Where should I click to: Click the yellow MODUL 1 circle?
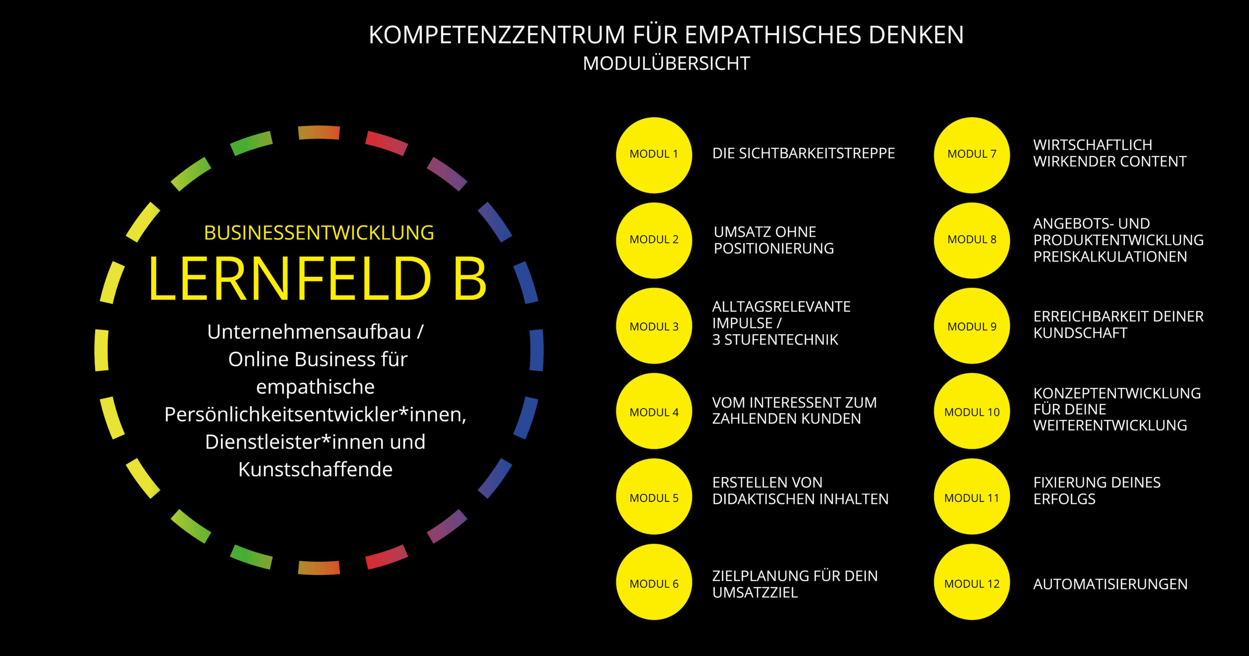(654, 155)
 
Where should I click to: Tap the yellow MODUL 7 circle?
(972, 155)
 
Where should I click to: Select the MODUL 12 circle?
(972, 582)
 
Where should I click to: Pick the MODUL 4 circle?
(654, 411)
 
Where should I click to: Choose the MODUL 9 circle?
(972, 326)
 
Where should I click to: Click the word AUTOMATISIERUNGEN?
(1110, 584)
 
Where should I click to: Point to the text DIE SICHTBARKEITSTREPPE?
(804, 153)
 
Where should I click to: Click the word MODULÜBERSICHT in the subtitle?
(666, 63)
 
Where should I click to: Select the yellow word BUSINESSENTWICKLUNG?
(319, 233)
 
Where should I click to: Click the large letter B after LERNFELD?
(470, 278)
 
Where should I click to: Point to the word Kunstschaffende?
(316, 469)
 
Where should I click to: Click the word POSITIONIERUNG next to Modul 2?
(774, 248)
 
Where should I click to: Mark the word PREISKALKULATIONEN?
(1110, 257)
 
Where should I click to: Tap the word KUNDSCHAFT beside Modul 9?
(1080, 333)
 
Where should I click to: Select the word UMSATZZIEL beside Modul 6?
(755, 593)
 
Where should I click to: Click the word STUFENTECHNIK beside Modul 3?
(781, 340)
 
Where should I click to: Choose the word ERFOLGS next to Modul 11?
(1065, 499)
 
